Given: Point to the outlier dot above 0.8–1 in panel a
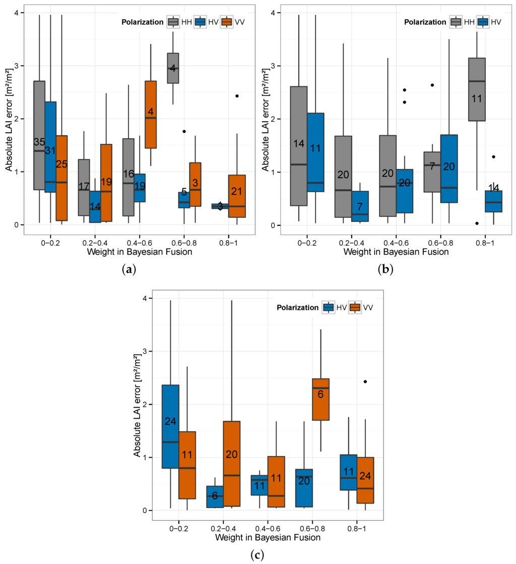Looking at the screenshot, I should [x=237, y=96].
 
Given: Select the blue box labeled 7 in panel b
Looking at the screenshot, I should [x=360, y=206].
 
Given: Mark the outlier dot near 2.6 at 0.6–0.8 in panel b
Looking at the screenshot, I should [x=432, y=85].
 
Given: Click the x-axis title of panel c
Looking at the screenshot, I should [x=267, y=537].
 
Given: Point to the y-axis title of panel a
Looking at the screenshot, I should [x=8, y=119].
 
